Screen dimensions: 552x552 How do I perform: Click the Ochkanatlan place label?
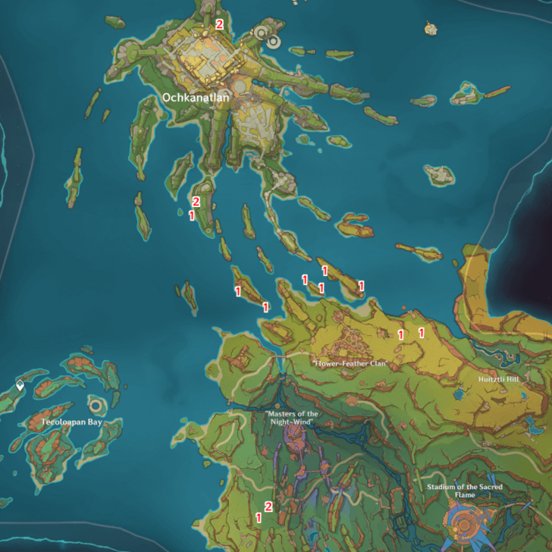coord(195,97)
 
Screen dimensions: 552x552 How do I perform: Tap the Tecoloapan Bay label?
coord(72,422)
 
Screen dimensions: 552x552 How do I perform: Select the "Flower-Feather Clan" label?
coord(350,364)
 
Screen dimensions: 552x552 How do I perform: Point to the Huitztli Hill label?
coord(498,379)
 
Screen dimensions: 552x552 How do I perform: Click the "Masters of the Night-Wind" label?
coord(292,418)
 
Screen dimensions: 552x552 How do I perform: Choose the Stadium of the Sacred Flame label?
coord(465,491)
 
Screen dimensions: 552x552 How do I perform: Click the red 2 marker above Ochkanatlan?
coord(219,24)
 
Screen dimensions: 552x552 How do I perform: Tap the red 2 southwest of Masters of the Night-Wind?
coord(268,507)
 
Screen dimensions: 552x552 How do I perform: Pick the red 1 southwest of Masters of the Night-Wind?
coord(259,518)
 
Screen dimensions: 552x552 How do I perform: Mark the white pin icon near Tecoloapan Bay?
coord(20,386)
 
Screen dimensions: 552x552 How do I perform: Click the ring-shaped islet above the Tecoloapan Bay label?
coord(96,403)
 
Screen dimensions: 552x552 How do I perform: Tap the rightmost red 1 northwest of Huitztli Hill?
coord(422,331)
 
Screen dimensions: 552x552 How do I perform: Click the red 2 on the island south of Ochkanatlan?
coord(196,202)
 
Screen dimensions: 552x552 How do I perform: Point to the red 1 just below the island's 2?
coord(191,215)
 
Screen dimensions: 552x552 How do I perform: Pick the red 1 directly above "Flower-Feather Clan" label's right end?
coord(400,334)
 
